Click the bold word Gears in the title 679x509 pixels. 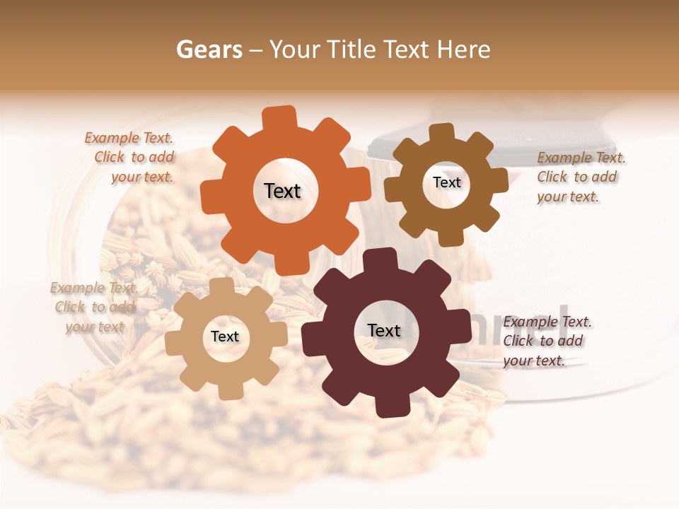[209, 49]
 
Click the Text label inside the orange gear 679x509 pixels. [282, 191]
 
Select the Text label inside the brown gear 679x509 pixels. [446, 182]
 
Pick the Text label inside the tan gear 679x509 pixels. [225, 337]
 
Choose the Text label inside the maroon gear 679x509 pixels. [384, 331]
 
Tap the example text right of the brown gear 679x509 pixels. [580, 177]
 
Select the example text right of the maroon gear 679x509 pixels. [546, 341]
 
